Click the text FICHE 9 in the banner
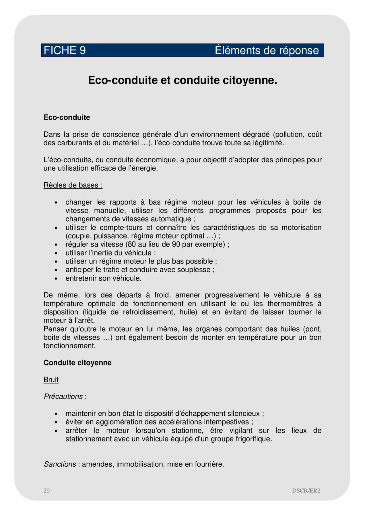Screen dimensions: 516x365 65,50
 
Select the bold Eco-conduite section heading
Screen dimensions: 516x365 67,118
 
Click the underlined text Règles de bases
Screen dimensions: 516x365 73,185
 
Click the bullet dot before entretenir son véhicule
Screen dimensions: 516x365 56,278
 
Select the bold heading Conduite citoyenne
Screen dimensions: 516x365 77,363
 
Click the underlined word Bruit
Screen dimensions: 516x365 51,380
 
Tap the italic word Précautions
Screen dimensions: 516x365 63,396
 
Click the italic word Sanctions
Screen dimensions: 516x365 60,464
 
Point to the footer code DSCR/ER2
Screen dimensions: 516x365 306,490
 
